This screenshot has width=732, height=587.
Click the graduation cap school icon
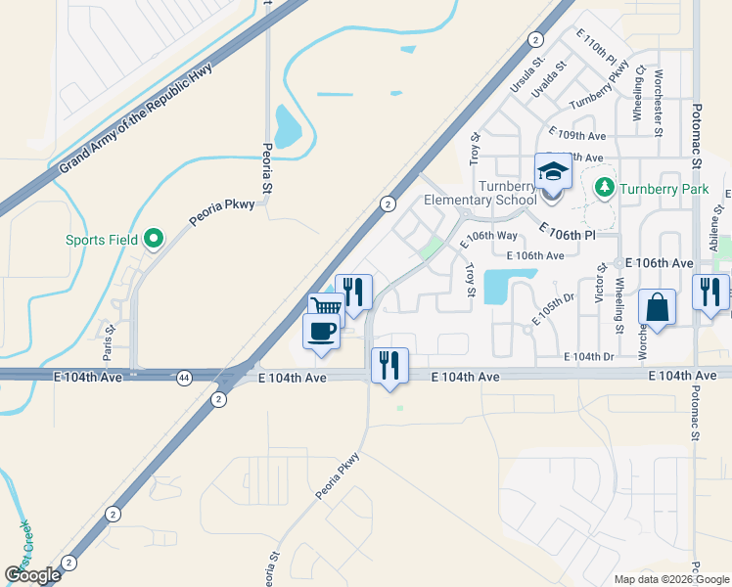[552, 172]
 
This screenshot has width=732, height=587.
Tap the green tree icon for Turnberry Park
[604, 186]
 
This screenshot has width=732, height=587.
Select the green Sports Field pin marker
[153, 238]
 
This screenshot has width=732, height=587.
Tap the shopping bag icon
[658, 307]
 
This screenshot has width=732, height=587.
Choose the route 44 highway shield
[185, 377]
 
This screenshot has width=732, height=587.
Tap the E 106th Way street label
[489, 237]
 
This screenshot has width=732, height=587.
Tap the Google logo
[32, 575]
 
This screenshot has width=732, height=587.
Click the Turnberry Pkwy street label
[598, 85]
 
